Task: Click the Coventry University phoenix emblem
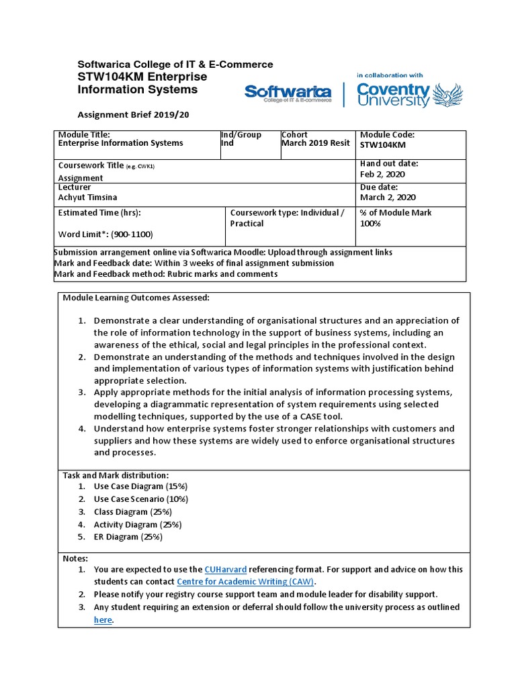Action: click(449, 95)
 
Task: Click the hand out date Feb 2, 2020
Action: click(383, 174)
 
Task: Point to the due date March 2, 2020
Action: click(388, 198)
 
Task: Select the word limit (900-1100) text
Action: click(105, 234)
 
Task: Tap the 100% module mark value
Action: click(370, 223)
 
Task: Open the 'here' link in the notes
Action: click(103, 620)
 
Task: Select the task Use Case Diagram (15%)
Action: click(141, 486)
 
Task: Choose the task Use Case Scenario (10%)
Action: click(141, 499)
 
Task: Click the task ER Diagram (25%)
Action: click(128, 537)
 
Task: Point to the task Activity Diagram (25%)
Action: click(138, 524)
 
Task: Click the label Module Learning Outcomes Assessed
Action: click(136, 298)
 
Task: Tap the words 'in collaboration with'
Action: click(390, 75)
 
